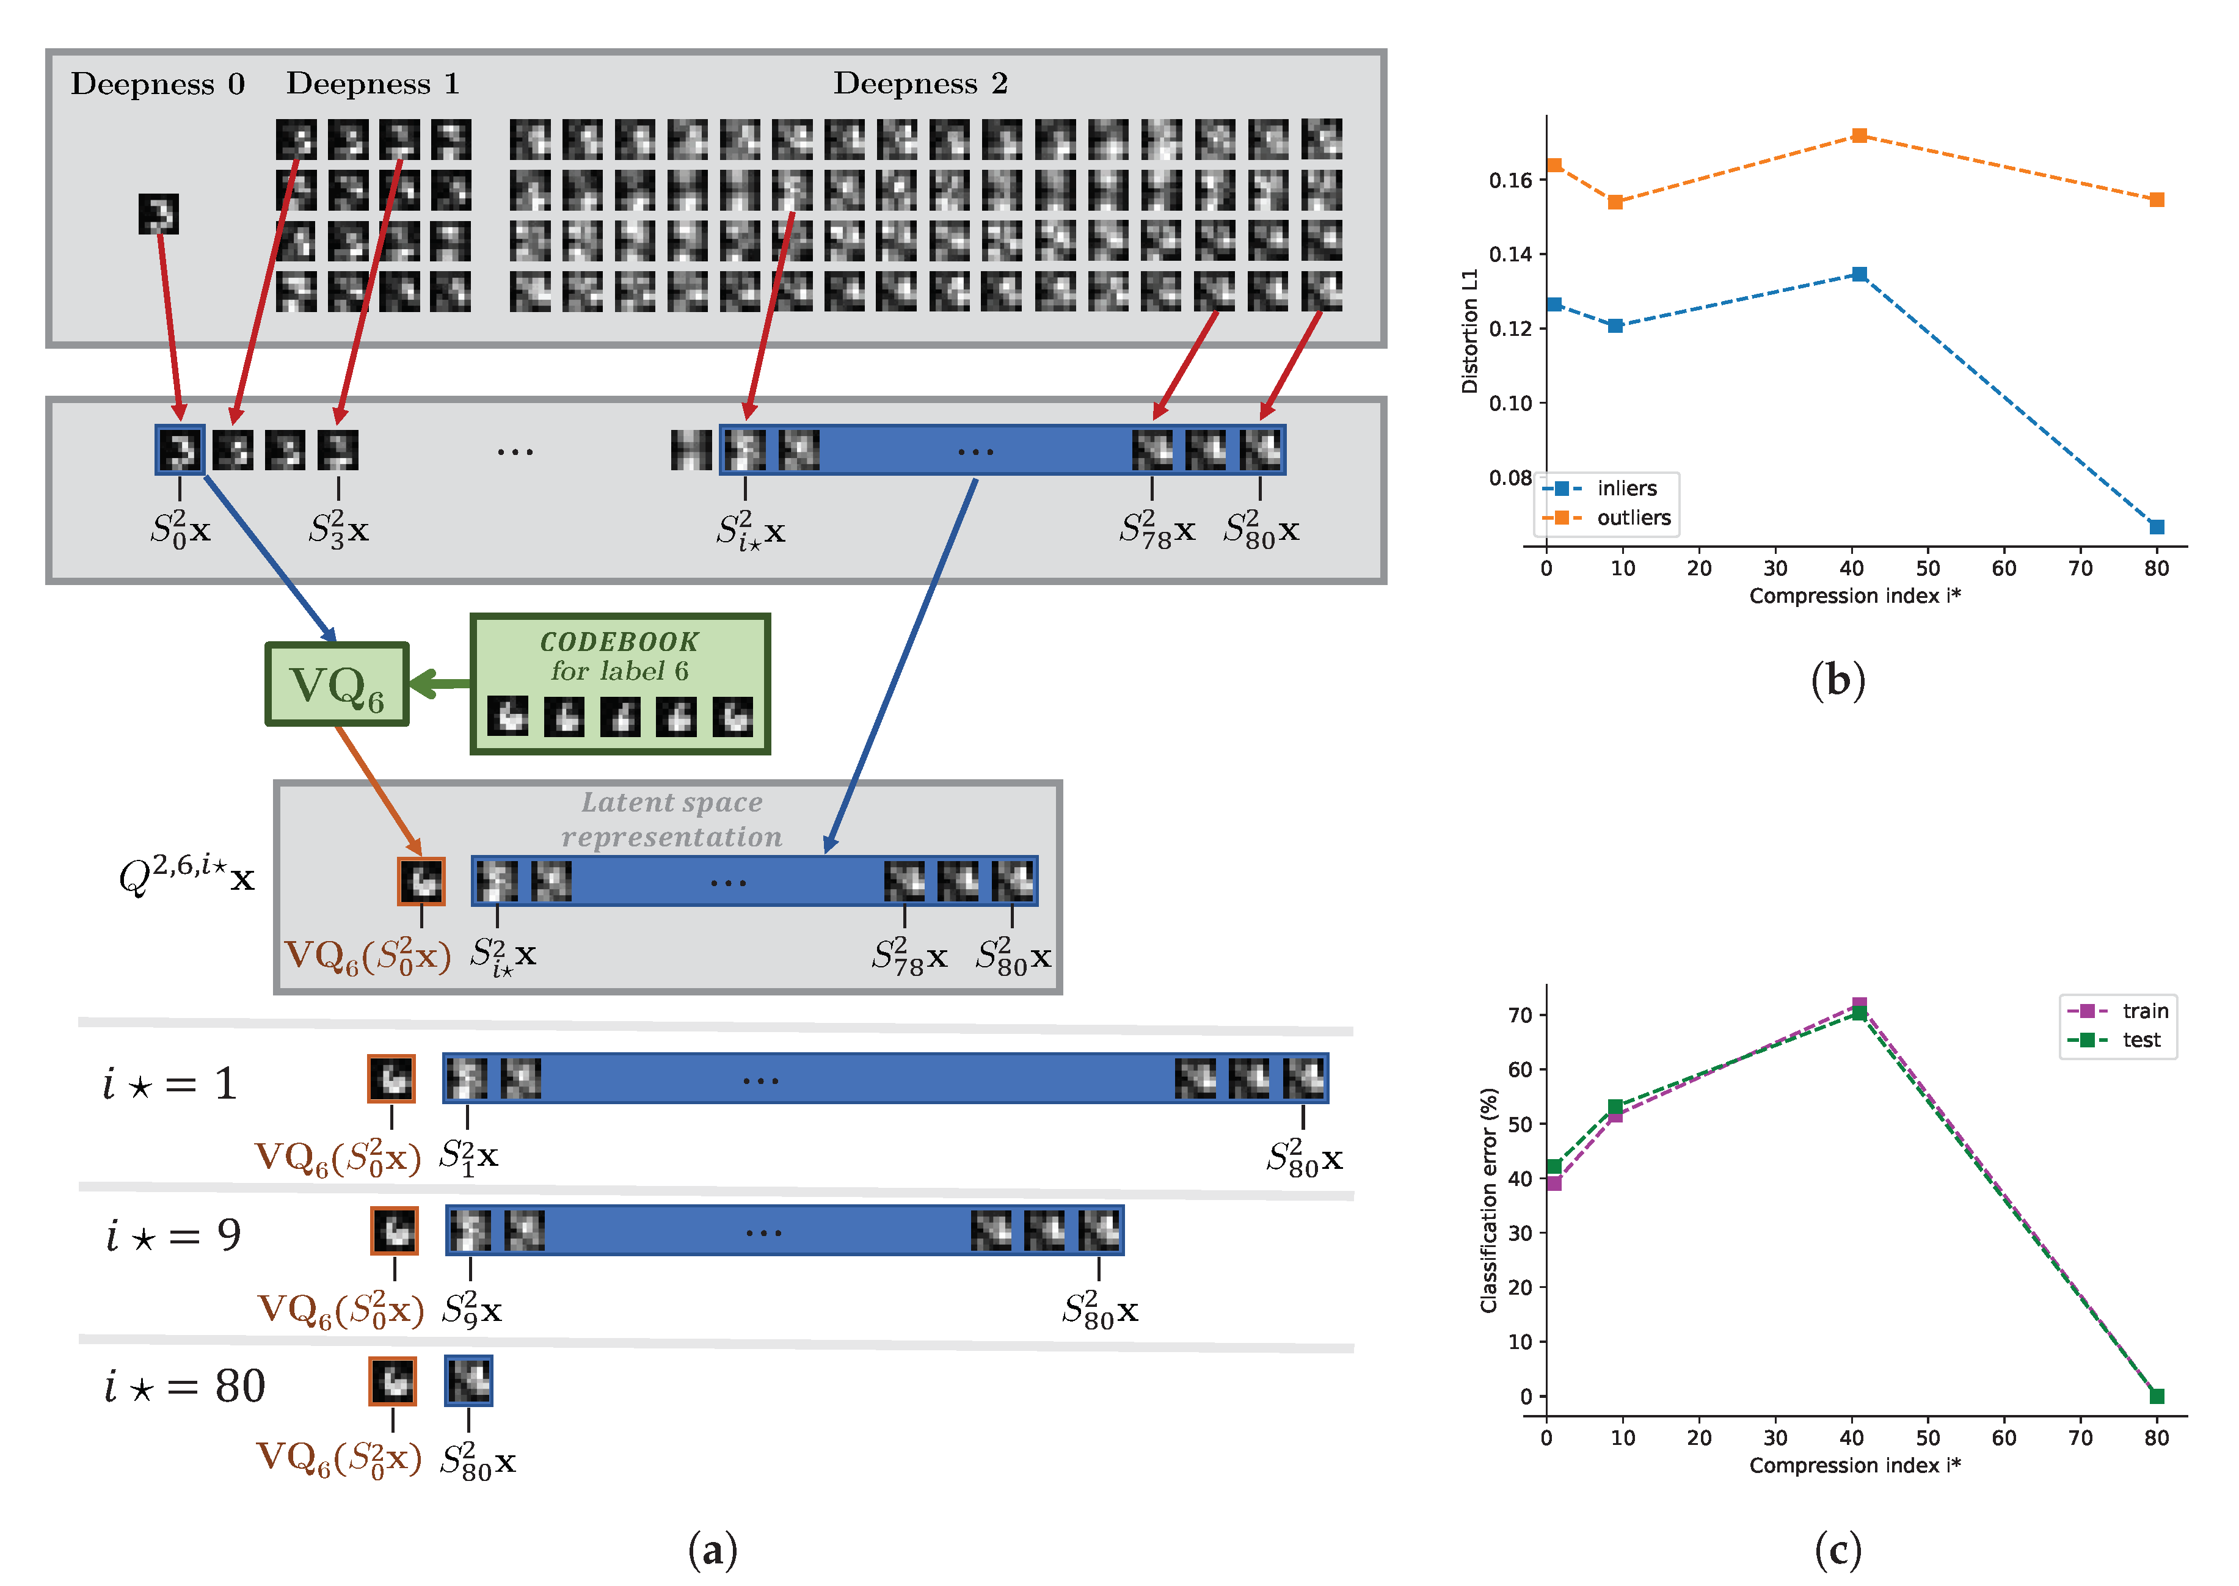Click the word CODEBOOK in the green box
(619, 642)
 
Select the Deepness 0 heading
(157, 84)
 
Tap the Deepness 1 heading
(372, 84)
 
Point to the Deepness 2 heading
(920, 84)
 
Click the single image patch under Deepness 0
(158, 214)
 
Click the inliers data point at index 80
(2157, 528)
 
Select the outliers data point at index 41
(1859, 136)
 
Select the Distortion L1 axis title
(1469, 332)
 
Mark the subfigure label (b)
(1838, 681)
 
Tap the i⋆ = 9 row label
(174, 1235)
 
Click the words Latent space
(672, 802)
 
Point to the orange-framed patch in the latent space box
(422, 882)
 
